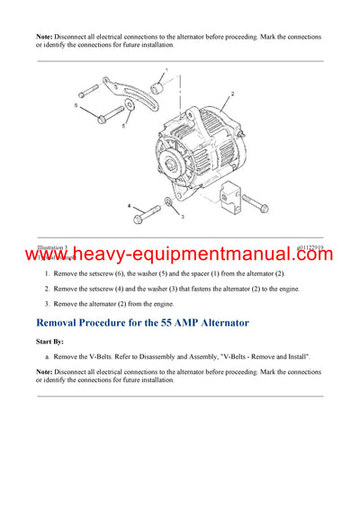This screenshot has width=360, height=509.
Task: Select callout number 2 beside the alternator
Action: tap(232, 94)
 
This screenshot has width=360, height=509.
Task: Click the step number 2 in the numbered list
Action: tap(47, 288)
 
